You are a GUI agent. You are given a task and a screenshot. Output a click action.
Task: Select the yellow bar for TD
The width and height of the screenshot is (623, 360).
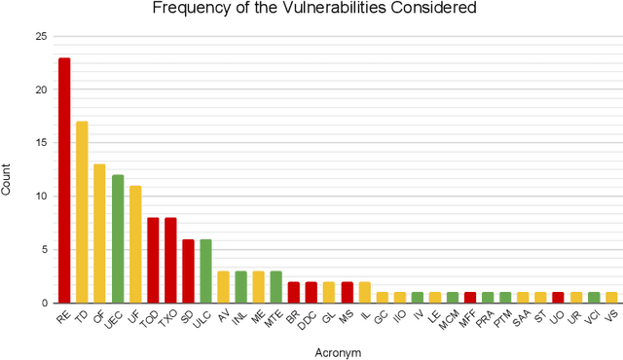click(x=82, y=212)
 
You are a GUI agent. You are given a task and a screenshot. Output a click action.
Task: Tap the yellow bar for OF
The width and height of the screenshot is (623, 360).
click(x=99, y=234)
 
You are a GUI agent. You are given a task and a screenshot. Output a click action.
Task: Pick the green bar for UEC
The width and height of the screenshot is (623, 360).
click(x=117, y=238)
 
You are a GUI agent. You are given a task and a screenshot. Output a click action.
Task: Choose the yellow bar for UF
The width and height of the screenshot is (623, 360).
click(x=134, y=244)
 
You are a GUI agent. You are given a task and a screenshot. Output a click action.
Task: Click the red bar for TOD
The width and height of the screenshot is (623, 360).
click(x=153, y=260)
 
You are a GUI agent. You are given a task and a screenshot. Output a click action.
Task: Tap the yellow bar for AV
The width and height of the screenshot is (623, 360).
click(x=223, y=287)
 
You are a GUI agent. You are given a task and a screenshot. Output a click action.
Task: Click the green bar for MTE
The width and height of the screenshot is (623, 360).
click(x=275, y=287)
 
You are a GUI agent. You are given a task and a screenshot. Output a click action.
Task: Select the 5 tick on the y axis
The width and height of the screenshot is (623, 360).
click(x=43, y=249)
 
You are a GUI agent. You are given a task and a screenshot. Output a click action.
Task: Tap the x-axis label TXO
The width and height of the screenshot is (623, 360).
click(x=167, y=318)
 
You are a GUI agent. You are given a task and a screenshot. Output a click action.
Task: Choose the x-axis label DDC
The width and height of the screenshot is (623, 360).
click(x=309, y=318)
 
